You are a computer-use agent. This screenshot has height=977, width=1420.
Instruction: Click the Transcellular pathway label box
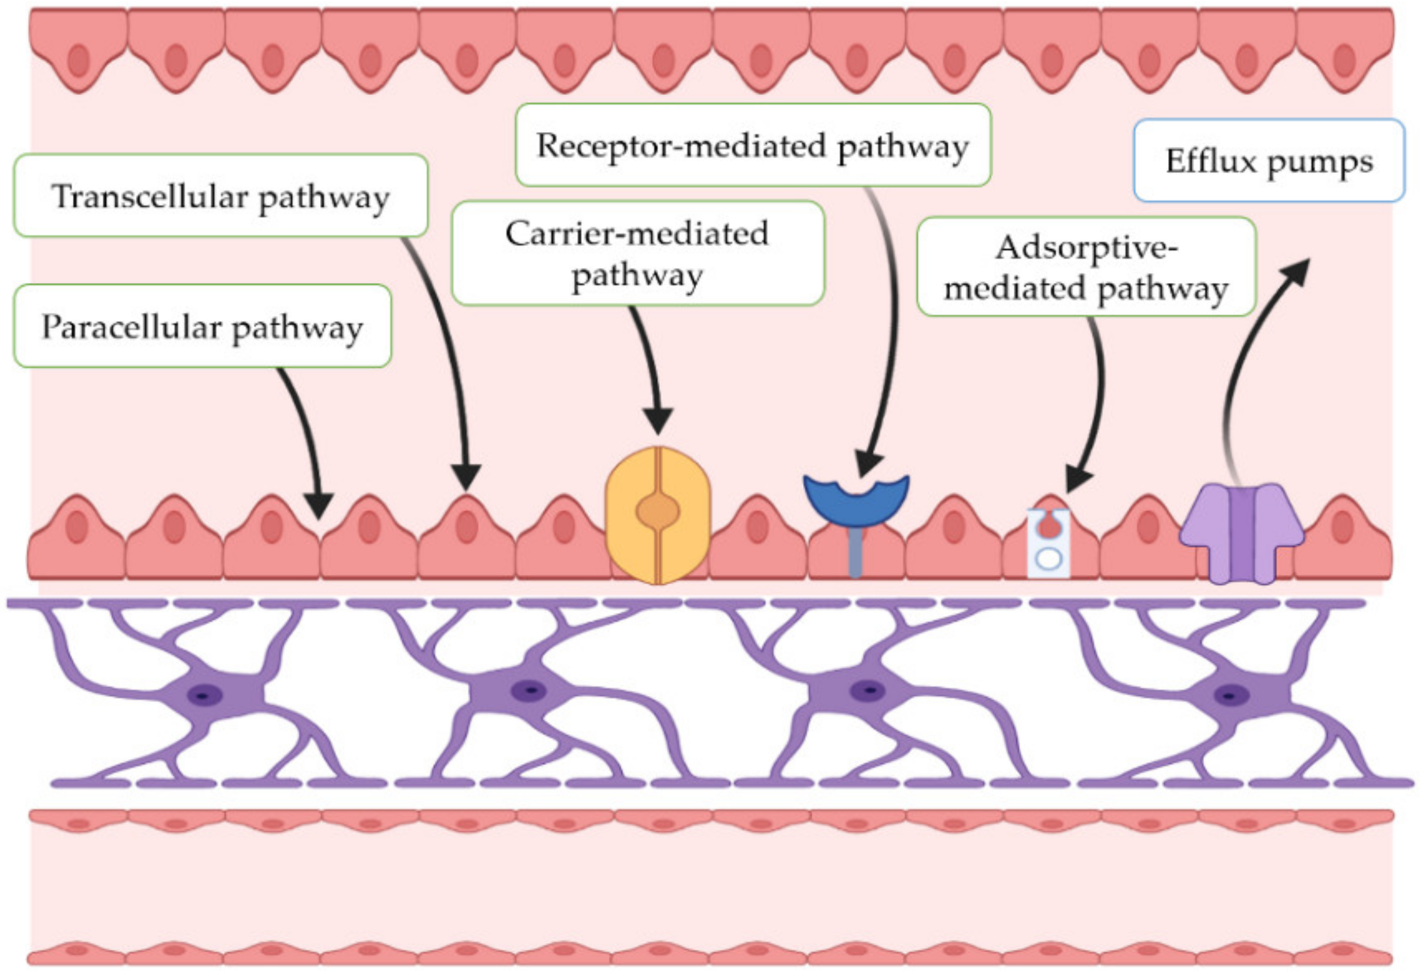pos(220,196)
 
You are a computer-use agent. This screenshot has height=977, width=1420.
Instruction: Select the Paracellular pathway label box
pos(202,327)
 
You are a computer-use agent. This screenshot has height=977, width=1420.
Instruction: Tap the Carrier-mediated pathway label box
pos(637,254)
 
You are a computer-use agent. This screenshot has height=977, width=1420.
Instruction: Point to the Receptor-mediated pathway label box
pos(752,145)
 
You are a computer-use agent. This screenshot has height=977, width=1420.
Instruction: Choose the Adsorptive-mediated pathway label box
pos(1085,267)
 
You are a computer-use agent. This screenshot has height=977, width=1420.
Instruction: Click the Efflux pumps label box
pos(1268,161)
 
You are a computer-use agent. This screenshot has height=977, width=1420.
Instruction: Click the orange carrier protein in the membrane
pos(658,514)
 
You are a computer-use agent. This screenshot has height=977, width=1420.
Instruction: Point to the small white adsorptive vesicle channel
pos(1048,543)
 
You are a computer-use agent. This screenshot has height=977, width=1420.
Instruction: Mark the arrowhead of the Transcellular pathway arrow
pos(466,478)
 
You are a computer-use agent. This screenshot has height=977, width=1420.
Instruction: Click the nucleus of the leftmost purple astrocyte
pos(204,695)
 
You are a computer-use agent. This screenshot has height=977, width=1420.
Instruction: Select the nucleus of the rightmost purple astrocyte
pos(1229,695)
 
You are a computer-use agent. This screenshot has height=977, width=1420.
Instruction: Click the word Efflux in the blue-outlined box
pos(1210,161)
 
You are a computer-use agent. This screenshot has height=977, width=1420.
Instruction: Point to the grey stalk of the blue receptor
pos(856,553)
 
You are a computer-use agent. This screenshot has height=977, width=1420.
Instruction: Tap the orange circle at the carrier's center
pos(658,511)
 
